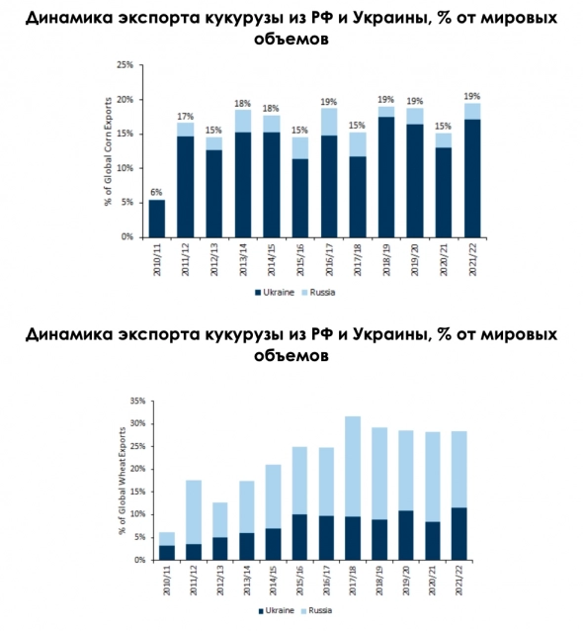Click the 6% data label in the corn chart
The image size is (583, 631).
click(156, 192)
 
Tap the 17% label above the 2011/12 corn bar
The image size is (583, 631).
click(185, 116)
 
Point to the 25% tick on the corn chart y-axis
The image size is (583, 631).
click(125, 65)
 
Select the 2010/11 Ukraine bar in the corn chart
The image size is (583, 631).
click(156, 219)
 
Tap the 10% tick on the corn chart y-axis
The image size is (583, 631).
click(125, 169)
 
